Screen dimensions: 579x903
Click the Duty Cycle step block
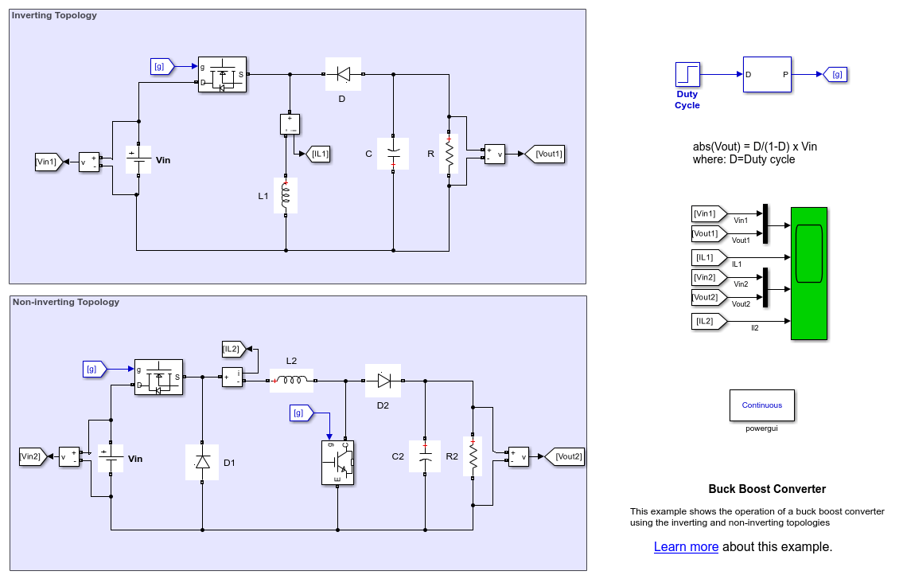coord(687,74)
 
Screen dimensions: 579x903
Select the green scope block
coord(808,273)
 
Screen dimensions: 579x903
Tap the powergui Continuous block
coord(761,405)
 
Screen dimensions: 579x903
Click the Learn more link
coord(686,546)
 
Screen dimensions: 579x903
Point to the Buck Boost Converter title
coord(767,489)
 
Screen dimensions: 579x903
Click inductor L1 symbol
coord(286,195)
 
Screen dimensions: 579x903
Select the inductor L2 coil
coord(291,381)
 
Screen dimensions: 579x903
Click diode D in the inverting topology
coord(343,74)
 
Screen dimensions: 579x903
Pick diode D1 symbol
coord(202,462)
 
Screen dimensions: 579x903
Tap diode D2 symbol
coord(383,381)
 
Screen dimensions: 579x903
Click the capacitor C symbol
coord(393,154)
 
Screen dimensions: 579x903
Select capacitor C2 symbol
coord(425,456)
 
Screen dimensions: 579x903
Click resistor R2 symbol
coord(473,456)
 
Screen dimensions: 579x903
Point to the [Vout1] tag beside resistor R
coord(545,154)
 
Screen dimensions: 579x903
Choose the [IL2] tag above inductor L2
coord(233,348)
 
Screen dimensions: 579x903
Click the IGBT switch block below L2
coord(337,462)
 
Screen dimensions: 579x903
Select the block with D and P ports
coord(767,74)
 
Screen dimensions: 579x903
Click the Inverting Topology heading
coord(55,15)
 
